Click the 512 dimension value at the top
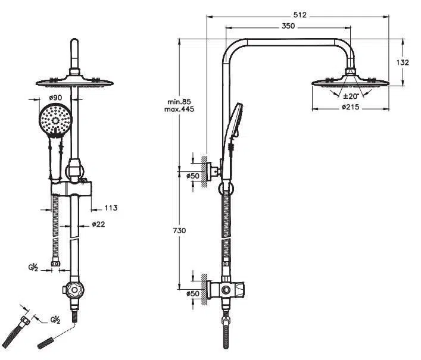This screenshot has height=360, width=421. click(300, 15)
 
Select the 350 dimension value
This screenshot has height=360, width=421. click(288, 26)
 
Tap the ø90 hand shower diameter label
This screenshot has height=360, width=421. click(55, 97)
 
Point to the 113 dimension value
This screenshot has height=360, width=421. click(111, 208)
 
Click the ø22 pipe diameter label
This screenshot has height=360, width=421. click(99, 225)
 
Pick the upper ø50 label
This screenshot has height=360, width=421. click(192, 176)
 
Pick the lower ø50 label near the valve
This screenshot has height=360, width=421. click(192, 293)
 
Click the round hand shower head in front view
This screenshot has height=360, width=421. click(54, 118)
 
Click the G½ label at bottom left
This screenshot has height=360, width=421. click(55, 320)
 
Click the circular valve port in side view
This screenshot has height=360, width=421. click(225, 290)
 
